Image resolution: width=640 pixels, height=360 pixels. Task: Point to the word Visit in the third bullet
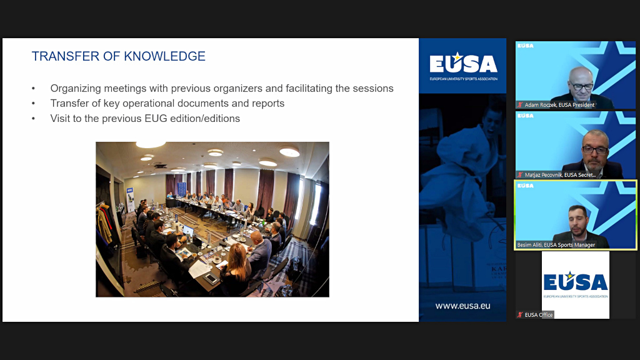[61, 118]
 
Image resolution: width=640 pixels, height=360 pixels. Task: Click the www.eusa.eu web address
[462, 306]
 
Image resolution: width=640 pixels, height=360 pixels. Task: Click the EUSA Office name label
[538, 315]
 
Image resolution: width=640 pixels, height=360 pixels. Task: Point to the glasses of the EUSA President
[581, 85]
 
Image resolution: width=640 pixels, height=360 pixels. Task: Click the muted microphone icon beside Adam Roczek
[519, 105]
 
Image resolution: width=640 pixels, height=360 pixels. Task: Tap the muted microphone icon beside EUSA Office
[519, 315]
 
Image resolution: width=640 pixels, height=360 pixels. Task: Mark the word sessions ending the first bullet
[372, 89]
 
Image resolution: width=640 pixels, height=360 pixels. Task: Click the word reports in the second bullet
[267, 104]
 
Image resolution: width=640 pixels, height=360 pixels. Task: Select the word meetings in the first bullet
[120, 89]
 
